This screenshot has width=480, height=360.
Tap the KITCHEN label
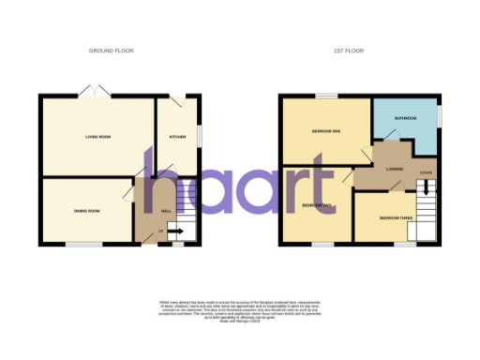click(x=176, y=137)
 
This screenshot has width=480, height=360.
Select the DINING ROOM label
click(x=87, y=211)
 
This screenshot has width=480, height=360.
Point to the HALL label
click(x=166, y=211)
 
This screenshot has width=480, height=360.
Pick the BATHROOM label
click(x=405, y=119)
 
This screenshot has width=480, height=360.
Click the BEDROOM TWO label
click(x=312, y=203)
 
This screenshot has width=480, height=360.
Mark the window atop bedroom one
click(x=325, y=96)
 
